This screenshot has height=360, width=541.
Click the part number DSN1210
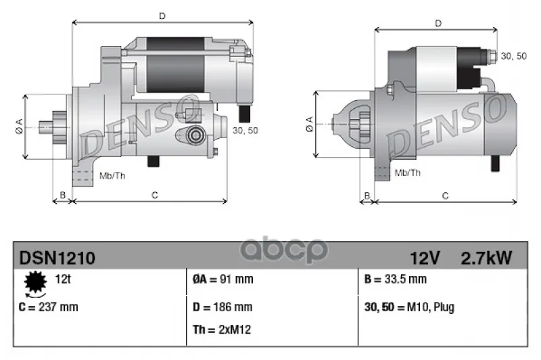57,258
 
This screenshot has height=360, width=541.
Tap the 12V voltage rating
425,258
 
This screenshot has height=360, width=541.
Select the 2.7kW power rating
486,258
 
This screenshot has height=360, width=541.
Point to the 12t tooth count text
62,279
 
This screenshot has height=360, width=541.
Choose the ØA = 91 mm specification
223,279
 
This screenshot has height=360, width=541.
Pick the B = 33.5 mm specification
396,279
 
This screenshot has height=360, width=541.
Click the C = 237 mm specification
48,307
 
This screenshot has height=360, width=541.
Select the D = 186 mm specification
222,307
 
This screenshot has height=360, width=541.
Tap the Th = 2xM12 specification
222,330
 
